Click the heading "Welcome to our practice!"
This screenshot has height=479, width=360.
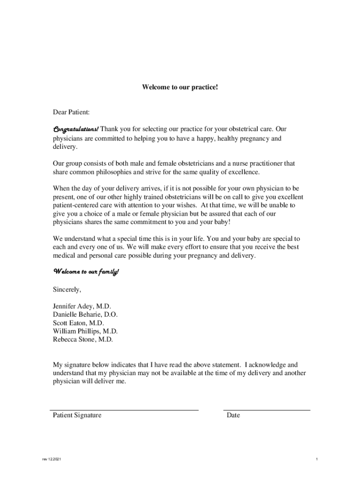coord(180,87)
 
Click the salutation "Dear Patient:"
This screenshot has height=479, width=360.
coord(71,112)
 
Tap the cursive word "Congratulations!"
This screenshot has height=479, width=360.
coord(75,129)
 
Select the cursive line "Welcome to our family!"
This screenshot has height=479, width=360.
coord(86,272)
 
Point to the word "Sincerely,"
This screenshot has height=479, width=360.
coord(67,290)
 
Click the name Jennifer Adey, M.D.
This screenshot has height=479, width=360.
coord(82,306)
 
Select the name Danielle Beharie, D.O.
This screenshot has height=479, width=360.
coord(85,315)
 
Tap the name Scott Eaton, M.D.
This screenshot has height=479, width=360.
coord(79,323)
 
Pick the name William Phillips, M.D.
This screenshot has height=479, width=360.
coord(82,332)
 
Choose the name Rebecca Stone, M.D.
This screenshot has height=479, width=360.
coord(83,340)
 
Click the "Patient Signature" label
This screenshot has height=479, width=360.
coord(77,415)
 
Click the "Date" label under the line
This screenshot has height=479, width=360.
coord(233,415)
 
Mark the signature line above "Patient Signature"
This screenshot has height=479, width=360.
coord(124,410)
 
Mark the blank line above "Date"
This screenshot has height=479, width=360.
coord(267,410)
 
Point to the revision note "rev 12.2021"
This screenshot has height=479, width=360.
coord(51,459)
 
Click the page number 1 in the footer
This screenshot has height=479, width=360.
coord(317,459)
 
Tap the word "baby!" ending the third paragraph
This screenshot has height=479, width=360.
coord(222,222)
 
